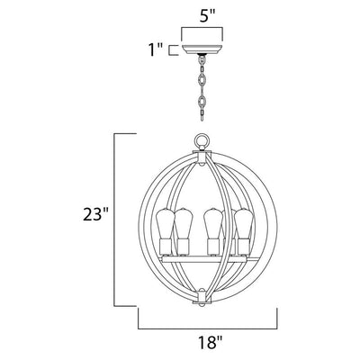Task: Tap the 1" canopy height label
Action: point(156,49)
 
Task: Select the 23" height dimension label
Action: point(95,215)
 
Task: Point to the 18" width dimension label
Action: point(211,341)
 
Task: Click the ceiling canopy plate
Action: point(202,49)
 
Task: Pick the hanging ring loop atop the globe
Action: point(202,140)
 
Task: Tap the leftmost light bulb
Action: point(165,223)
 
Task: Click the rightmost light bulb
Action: point(245,223)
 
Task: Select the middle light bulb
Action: point(212,223)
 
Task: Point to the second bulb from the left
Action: point(184,223)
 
